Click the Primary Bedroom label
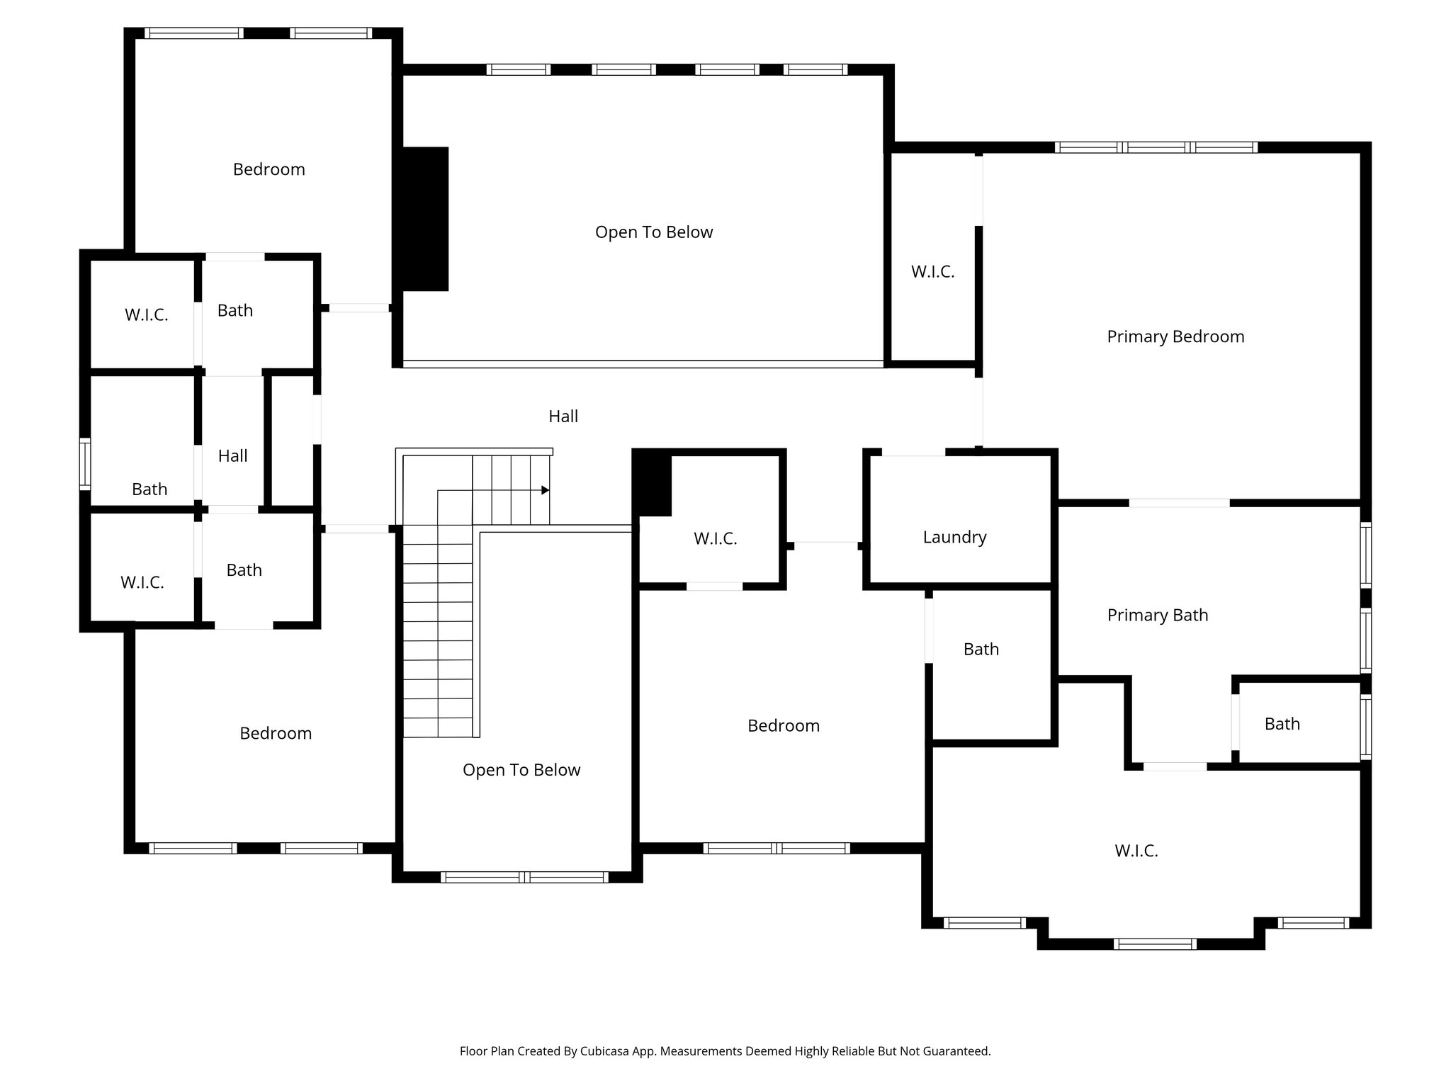(1175, 336)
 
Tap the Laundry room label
(954, 537)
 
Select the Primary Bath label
(1157, 615)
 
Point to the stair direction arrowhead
(546, 490)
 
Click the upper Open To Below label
(653, 232)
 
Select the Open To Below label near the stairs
(521, 770)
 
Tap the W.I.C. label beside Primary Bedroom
(932, 271)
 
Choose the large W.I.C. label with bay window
(1136, 851)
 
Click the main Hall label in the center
(563, 416)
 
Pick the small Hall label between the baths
(232, 455)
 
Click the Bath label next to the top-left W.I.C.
(235, 310)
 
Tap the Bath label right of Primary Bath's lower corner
(1282, 724)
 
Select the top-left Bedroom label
(269, 169)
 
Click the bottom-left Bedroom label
(276, 733)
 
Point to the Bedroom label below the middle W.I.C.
(783, 725)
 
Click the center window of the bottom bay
(1154, 943)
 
